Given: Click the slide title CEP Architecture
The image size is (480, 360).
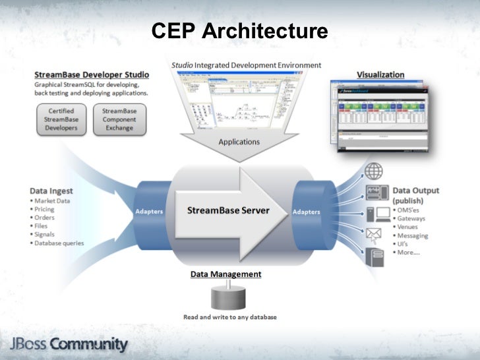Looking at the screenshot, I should coord(239,30).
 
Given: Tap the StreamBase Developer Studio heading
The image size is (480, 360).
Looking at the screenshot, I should coord(92,75).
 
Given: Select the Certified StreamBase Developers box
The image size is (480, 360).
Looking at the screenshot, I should coord(60,119).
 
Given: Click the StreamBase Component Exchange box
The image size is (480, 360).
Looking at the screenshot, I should coord(119,119).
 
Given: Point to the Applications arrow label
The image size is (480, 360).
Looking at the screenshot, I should coord(239,142).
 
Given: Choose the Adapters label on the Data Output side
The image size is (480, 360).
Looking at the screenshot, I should coord(305,212).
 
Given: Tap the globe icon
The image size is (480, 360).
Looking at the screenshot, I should coord(374,171).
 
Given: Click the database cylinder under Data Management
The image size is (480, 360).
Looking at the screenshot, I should coord(225,297).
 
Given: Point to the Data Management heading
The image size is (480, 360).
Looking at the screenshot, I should coord(225,274).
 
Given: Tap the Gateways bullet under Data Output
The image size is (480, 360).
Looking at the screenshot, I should coord(411,218).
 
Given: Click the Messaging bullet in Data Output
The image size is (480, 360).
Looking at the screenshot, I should coord(413,235).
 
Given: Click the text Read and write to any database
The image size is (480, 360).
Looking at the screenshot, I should coord(230,317).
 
